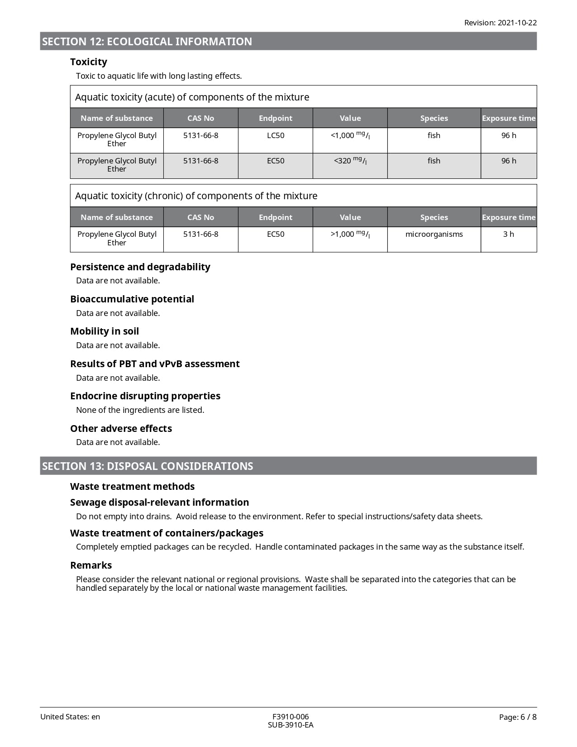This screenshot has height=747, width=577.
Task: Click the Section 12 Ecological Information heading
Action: pyautogui.click(x=147, y=42)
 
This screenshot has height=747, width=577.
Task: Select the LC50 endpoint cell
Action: pyautogui.click(x=275, y=135)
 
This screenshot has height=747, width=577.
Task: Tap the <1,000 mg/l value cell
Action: pyautogui.click(x=350, y=135)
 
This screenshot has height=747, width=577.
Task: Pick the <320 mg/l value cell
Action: pyautogui.click(x=350, y=161)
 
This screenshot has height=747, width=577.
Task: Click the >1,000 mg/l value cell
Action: pyautogui.click(x=350, y=234)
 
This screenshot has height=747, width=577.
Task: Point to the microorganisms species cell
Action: pyautogui.click(x=434, y=234)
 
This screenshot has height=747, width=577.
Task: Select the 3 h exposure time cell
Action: pyautogui.click(x=508, y=234)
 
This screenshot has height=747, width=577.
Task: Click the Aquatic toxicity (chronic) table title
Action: pyautogui.click(x=196, y=196)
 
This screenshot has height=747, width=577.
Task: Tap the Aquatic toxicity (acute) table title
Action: pyautogui.click(x=192, y=97)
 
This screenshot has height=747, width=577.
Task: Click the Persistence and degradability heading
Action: pyautogui.click(x=140, y=267)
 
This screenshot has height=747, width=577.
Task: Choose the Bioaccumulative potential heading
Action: pyautogui.click(x=132, y=299)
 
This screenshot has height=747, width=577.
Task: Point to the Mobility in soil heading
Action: pyautogui.click(x=104, y=331)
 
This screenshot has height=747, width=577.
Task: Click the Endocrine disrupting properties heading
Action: pyautogui.click(x=145, y=396)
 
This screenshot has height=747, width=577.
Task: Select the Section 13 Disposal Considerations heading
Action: pyautogui.click(x=148, y=466)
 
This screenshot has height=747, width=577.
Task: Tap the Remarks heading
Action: pyautogui.click(x=91, y=565)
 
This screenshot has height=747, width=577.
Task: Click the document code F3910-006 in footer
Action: pyautogui.click(x=290, y=717)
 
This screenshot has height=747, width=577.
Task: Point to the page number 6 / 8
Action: pyautogui.click(x=518, y=717)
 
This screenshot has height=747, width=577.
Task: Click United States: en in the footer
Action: pyautogui.click(x=70, y=717)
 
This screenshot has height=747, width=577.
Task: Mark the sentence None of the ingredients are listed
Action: pyautogui.click(x=140, y=410)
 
